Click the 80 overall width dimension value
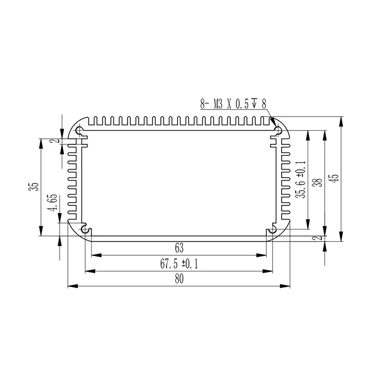click(179, 279)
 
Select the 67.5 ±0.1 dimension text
click(179, 264)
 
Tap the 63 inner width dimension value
click(179, 248)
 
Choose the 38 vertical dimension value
click(317, 183)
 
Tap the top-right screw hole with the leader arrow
click(278, 130)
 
